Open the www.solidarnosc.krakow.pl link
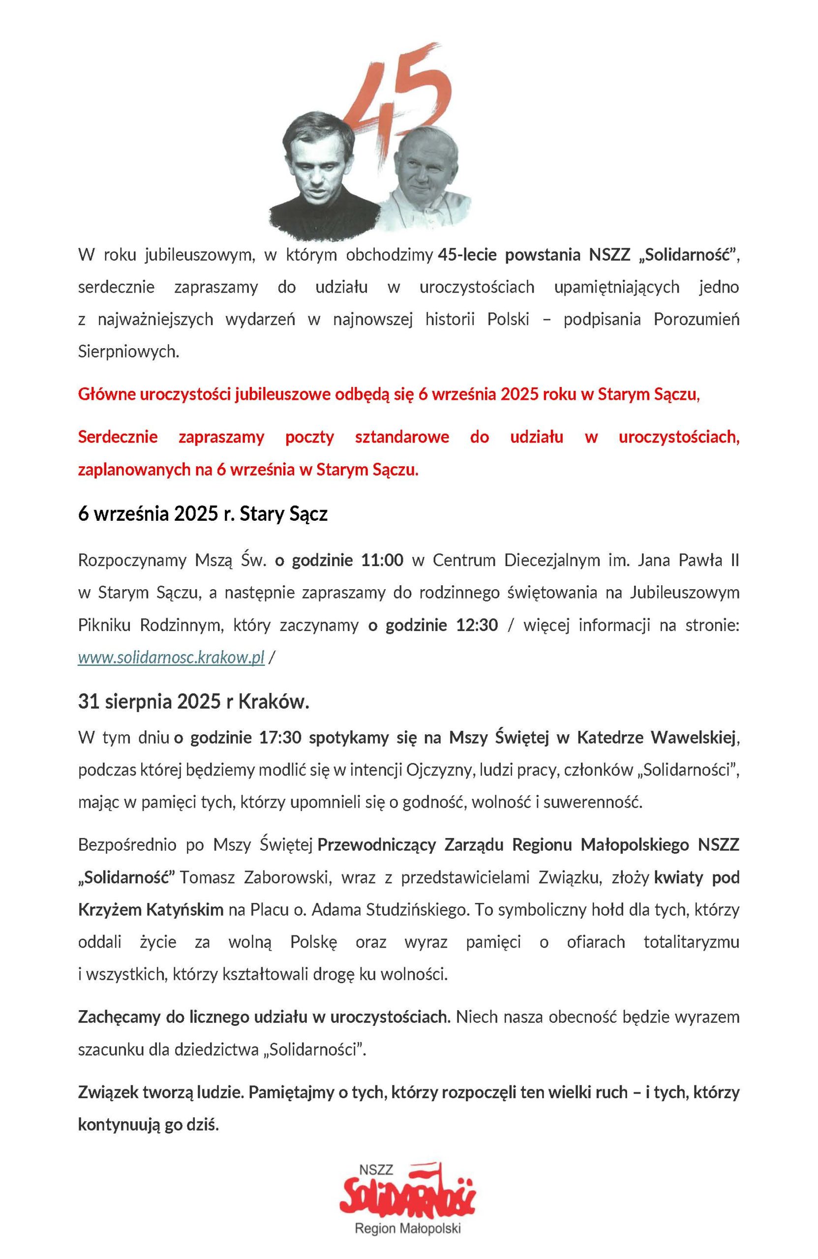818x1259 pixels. point(171,658)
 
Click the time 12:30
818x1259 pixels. point(477,625)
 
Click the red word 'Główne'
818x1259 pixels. point(105,394)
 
